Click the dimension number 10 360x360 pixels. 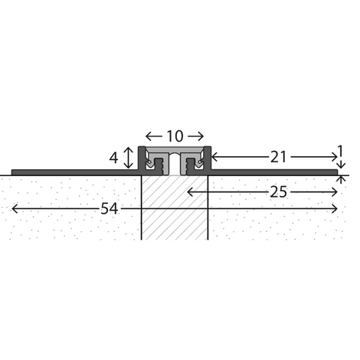click(x=175, y=136)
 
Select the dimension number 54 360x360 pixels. click(x=110, y=208)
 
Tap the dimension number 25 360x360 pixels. click(x=278, y=192)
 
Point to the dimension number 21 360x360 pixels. click(x=278, y=157)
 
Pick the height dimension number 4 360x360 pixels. click(x=113, y=158)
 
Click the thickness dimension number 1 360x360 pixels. click(x=340, y=151)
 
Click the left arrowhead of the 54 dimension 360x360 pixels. click(x=15, y=208)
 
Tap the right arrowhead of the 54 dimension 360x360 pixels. click(x=335, y=208)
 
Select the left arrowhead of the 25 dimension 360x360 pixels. click(x=190, y=192)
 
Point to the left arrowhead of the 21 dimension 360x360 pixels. click(x=214, y=157)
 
